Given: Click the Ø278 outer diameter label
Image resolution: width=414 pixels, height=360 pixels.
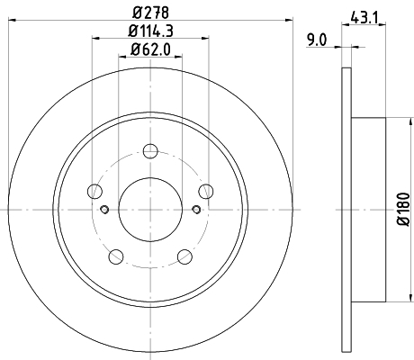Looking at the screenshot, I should point(150,13).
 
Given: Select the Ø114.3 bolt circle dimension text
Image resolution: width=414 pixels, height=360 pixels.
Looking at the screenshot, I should point(150,31).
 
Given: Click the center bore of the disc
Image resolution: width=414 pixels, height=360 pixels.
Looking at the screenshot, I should point(150,208).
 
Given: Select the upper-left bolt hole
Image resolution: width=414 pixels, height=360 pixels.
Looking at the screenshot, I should point(94,190).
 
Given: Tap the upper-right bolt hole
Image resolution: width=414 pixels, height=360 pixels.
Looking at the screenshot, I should point(206,190).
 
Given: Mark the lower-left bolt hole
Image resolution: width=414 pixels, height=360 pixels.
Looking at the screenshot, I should point(116,256).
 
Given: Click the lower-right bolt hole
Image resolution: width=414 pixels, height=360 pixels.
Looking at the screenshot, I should point(184,256).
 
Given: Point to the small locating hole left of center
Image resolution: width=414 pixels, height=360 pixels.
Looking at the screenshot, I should point(104,211).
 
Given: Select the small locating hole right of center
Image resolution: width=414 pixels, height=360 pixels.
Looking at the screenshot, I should point(196,211).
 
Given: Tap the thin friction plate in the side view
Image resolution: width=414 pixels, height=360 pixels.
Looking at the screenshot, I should point(346,208).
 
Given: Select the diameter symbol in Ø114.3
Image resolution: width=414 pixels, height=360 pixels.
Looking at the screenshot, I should point(130,31).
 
